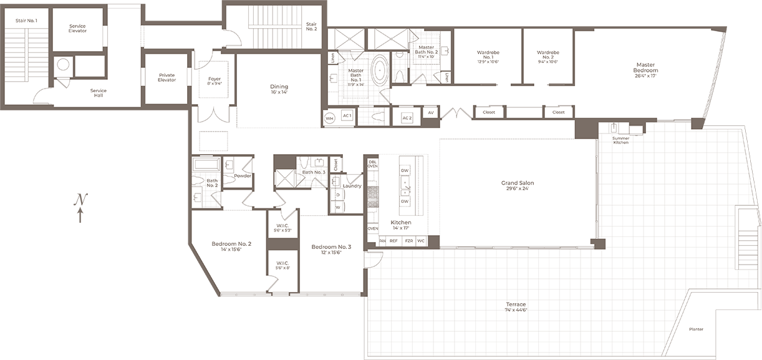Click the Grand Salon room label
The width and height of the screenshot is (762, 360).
pos(518,183)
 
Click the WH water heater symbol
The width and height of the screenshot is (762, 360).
pos(330,117)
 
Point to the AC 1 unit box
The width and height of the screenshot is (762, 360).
pos(346,117)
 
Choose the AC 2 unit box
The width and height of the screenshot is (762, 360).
pos(407,117)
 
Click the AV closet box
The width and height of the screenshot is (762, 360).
pos(430,113)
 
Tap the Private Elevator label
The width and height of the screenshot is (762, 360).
pos(166,77)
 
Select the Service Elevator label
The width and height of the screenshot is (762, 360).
pos(77,28)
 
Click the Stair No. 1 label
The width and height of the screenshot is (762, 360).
pos(26,21)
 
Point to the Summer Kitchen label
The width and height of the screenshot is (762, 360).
pos(620,140)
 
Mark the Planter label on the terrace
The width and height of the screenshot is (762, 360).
pos(696,329)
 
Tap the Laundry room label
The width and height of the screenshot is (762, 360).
pos(352,185)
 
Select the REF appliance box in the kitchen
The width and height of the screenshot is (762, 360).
pos(393,240)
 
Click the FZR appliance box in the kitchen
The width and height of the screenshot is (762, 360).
pos(408,240)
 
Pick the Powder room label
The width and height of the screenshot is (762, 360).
pos(242,176)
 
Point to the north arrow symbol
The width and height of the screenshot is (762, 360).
pos(80,208)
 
